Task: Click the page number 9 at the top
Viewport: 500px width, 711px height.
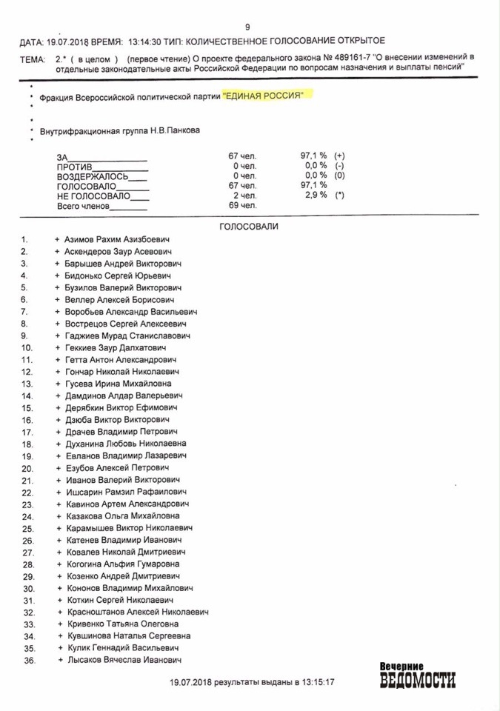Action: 247,27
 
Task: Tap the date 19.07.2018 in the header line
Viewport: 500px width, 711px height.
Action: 65,41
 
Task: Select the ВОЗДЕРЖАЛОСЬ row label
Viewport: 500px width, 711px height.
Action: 93,176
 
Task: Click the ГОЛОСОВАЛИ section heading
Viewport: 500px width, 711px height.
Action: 249,227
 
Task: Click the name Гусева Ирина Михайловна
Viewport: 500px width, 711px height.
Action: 118,384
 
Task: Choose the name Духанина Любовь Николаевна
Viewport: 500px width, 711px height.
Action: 125,444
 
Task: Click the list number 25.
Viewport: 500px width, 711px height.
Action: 28,528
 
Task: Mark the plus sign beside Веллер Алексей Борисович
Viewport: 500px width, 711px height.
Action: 56,300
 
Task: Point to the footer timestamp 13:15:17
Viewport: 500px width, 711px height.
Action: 317,681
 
